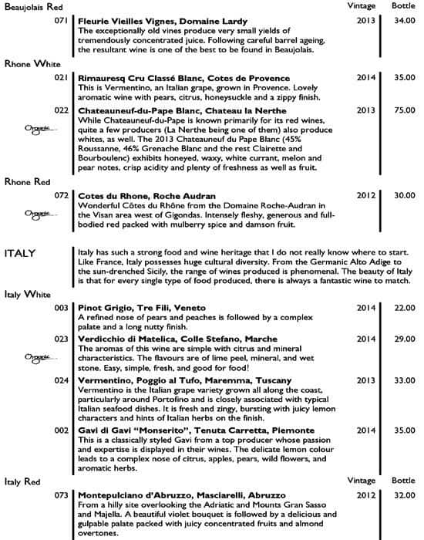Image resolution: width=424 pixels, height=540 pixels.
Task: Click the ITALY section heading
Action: point(22,254)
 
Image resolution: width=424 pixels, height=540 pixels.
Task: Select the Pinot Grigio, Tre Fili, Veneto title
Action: point(135,308)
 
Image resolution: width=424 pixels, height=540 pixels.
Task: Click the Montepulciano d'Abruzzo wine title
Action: point(182,494)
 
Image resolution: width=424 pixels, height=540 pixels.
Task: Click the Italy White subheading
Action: point(27,294)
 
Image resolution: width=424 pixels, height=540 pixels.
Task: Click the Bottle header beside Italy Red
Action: point(402,480)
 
